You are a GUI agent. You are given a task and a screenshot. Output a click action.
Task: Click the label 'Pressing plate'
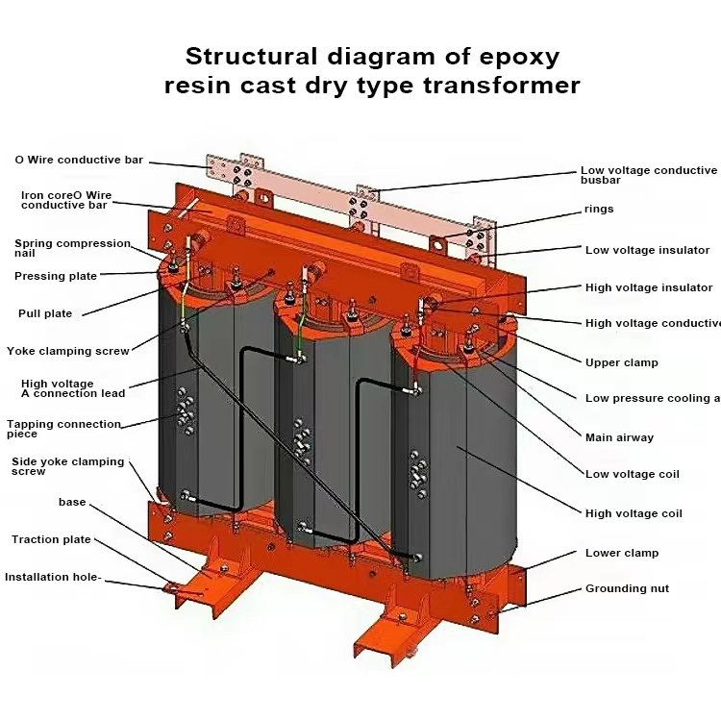(56, 276)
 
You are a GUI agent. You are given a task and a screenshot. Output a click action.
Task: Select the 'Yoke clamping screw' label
(67, 351)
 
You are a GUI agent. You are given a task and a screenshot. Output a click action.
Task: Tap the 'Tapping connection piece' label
(63, 429)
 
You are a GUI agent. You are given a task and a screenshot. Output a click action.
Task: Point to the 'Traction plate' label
(51, 539)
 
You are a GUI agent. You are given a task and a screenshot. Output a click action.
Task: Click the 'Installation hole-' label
(53, 577)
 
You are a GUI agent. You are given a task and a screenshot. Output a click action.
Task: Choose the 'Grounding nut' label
(627, 588)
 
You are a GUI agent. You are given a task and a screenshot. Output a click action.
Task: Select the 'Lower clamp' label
(622, 553)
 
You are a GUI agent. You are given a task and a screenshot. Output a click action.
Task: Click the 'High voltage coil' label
(634, 513)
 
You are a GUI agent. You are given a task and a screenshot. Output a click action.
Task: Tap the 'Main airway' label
(619, 437)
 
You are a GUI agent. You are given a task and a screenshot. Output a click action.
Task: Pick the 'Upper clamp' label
(622, 362)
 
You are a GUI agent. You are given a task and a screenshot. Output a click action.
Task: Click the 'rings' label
(598, 209)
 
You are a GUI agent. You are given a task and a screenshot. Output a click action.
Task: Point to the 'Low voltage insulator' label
(647, 250)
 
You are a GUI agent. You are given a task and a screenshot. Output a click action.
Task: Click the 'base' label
(72, 502)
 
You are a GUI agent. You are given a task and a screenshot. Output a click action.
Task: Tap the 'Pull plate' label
(45, 313)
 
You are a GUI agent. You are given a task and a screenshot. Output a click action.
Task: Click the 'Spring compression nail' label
(71, 248)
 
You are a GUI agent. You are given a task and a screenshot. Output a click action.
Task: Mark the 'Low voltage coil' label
(632, 474)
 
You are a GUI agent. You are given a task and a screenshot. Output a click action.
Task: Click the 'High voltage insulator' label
(649, 287)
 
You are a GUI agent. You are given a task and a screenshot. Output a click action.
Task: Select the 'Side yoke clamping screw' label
(67, 466)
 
